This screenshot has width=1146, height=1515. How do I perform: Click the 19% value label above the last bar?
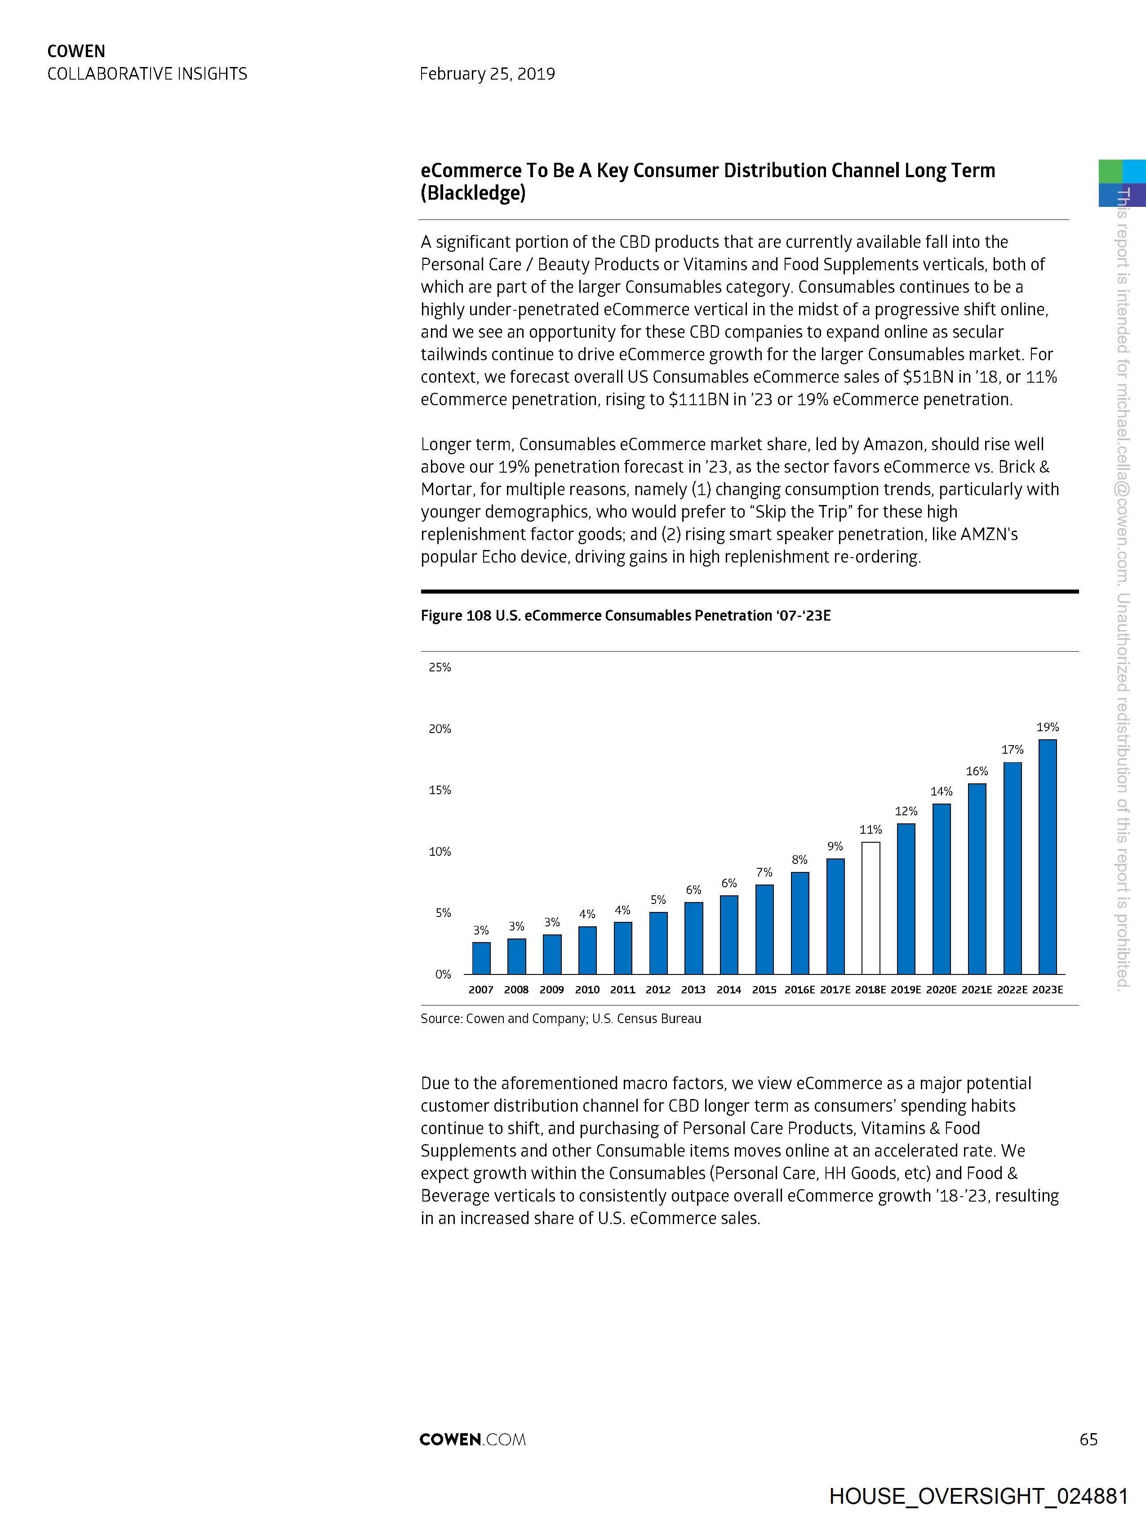[x=1048, y=727]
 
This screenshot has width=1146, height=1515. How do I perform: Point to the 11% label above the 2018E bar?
[x=870, y=829]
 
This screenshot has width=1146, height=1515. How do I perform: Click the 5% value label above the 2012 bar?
[x=658, y=899]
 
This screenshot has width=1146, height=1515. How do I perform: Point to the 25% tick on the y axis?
[x=440, y=667]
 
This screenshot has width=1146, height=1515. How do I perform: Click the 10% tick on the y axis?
[x=440, y=851]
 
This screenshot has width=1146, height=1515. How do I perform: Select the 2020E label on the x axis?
[x=942, y=990]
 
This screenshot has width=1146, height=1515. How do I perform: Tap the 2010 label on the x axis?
[x=587, y=990]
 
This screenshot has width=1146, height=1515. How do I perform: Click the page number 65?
[x=1088, y=1439]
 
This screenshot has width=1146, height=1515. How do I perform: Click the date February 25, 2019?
[x=487, y=74]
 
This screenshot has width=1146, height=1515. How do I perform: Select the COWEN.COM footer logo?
[x=472, y=1439]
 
